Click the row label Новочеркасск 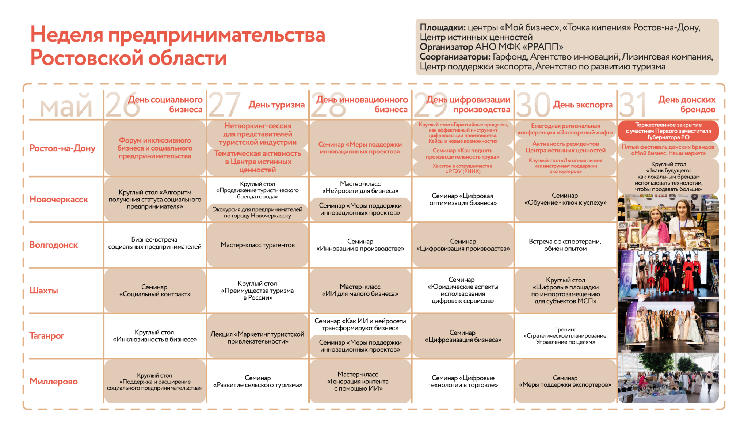[59, 200]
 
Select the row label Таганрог [47, 336]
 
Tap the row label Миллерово [54, 382]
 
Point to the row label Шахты [44, 291]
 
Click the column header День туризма [276, 105]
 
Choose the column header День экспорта [583, 105]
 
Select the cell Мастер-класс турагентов [257, 245]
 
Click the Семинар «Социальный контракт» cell [155, 291]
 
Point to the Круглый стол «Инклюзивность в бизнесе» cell [155, 336]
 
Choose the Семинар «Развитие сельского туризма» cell [257, 382]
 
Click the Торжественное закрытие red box [668, 131]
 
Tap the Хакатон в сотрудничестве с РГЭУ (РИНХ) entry [462, 168]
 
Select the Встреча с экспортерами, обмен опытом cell [565, 245]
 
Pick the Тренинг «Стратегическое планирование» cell [565, 336]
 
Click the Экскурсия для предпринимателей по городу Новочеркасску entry [257, 213]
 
